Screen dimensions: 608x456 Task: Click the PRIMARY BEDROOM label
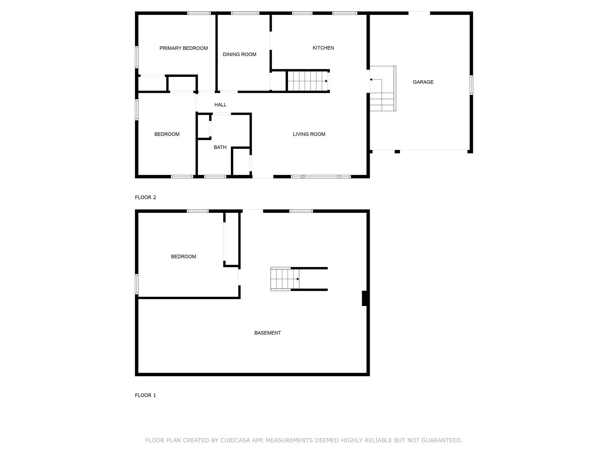pos(184,48)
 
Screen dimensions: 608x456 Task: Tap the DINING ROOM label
pos(239,54)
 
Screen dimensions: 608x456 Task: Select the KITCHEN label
pos(323,48)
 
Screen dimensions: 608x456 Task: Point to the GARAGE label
pos(423,82)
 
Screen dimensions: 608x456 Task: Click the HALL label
pos(220,105)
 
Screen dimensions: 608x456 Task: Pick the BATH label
pos(220,147)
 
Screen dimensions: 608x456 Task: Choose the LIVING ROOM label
pos(309,134)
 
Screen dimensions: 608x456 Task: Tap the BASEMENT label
pos(267,333)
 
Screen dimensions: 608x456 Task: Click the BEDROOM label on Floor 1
pos(184,257)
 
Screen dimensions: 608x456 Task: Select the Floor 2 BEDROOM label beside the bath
pos(167,134)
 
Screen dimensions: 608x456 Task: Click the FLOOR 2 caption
pos(146,197)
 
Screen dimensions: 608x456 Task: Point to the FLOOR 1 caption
pos(146,395)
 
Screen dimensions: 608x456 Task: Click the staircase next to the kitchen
pos(308,81)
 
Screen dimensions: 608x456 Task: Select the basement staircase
pos(285,279)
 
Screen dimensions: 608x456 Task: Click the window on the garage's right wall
pos(471,85)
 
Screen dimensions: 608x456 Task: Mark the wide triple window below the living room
pos(321,177)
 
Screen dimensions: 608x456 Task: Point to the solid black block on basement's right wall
pos(364,298)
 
